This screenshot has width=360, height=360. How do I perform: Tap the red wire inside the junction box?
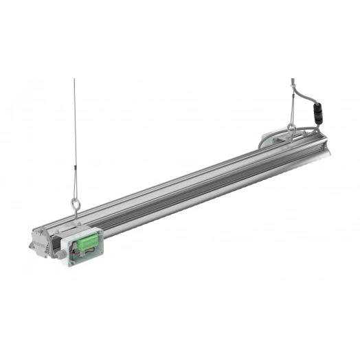click(82, 258)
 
